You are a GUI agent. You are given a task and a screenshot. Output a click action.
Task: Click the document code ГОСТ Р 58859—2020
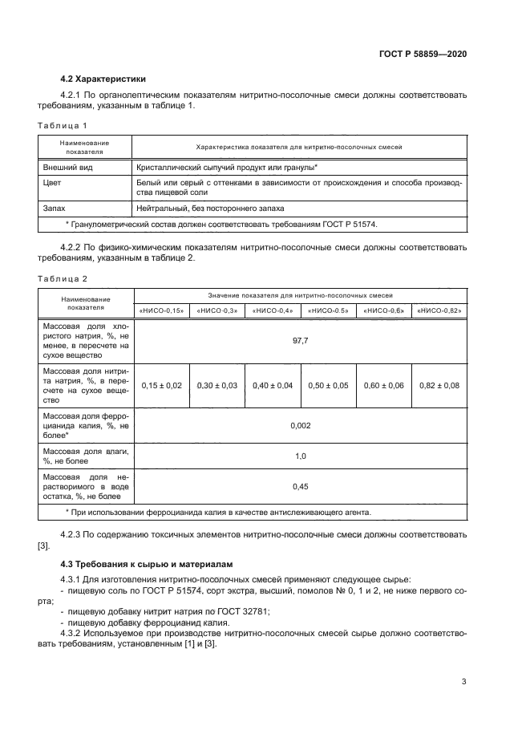[x=422, y=53]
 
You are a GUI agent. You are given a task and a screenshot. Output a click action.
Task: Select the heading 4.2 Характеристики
[x=103, y=79]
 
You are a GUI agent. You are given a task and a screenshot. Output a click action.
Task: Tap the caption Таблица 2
[x=63, y=278]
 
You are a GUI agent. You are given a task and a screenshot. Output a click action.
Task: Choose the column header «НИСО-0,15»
[x=162, y=310]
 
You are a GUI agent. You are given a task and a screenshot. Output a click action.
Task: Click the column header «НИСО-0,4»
[x=273, y=310]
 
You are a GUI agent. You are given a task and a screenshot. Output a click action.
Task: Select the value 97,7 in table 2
[x=300, y=341]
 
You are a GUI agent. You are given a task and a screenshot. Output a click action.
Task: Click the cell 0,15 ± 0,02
[x=162, y=386]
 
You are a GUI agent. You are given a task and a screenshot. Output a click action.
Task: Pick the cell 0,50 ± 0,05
[x=328, y=386]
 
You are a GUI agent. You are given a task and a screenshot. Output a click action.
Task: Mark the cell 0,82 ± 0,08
[x=439, y=386]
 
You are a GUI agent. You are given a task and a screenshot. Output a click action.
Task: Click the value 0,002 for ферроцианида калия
[x=300, y=426]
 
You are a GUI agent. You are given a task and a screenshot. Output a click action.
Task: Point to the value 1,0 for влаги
[x=300, y=456]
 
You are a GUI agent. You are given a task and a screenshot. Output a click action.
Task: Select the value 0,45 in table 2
[x=300, y=486]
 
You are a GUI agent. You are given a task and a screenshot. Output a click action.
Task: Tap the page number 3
[x=463, y=682]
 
